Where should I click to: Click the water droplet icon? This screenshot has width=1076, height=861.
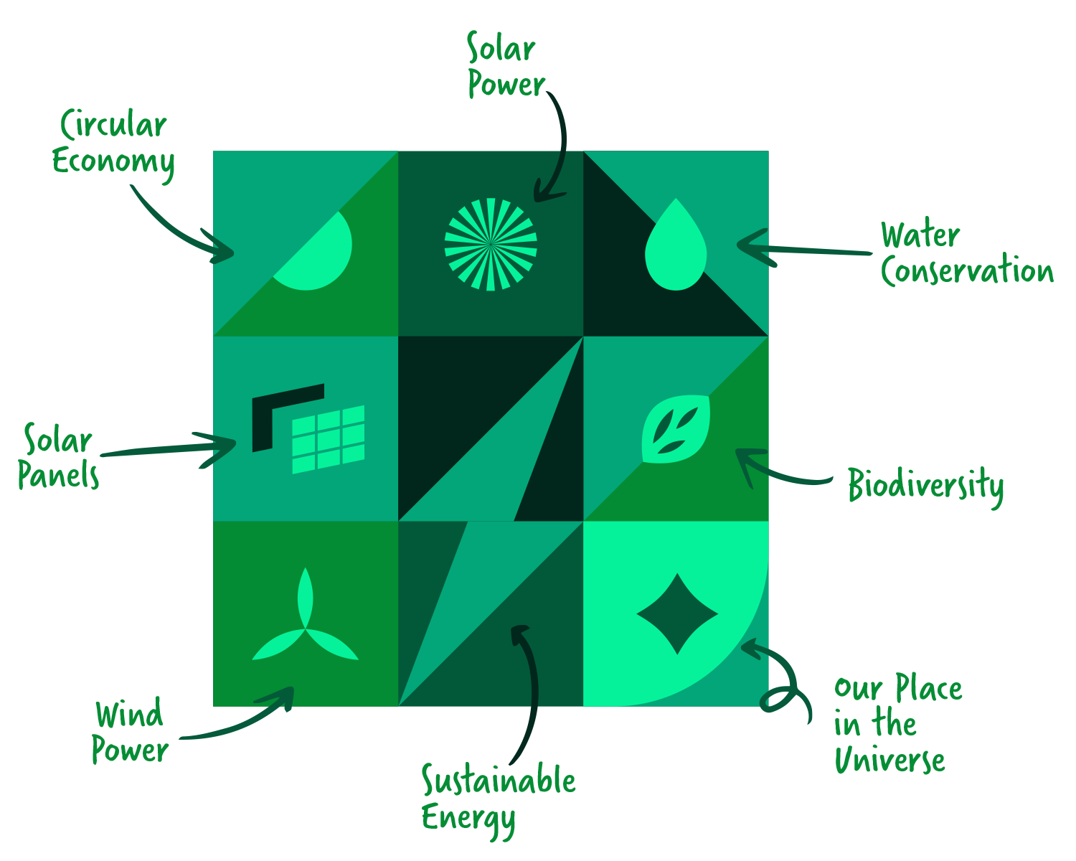[x=676, y=248]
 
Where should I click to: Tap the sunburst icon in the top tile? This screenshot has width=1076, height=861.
[x=491, y=244]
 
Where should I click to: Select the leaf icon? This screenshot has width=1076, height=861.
[x=676, y=429]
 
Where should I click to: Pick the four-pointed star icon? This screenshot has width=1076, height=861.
[x=677, y=613]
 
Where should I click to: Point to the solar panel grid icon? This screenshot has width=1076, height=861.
[x=328, y=439]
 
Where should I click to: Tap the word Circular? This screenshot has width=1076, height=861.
[x=113, y=125]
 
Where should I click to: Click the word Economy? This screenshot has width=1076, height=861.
[x=113, y=161]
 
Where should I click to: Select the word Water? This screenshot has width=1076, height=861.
[x=920, y=235]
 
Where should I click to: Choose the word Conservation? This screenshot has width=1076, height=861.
[x=967, y=271]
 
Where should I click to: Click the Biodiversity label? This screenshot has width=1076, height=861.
[x=925, y=486]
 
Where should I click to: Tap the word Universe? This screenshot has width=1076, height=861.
[x=889, y=761]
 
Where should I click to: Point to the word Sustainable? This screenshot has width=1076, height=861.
[x=499, y=781]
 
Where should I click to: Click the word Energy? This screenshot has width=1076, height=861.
[x=468, y=818]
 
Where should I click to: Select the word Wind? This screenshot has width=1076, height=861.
[x=129, y=715]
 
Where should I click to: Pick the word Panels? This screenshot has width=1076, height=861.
[x=58, y=475]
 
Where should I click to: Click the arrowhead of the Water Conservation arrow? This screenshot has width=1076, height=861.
[x=746, y=245]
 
